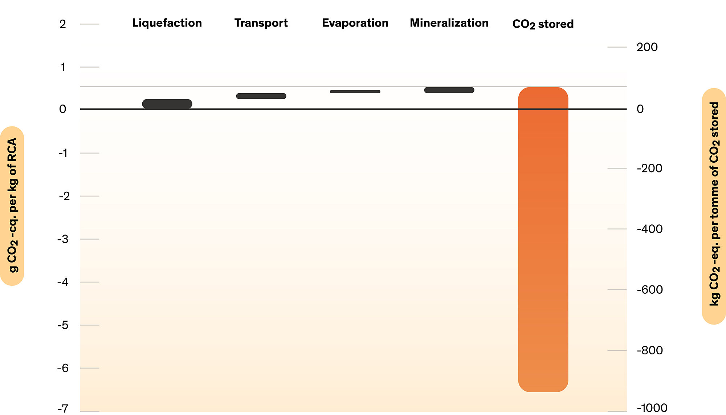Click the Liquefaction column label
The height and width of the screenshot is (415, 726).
pos(167,23)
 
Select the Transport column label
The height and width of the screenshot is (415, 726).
pos(261,23)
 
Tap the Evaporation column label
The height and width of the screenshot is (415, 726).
pos(355,23)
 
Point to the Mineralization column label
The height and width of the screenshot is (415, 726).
pos(449,23)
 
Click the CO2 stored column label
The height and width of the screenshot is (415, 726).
pos(543,24)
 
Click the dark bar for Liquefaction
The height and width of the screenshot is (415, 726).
pos(167,104)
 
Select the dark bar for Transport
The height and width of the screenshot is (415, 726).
pos(261,96)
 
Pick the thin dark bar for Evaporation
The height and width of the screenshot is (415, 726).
pos(355,91)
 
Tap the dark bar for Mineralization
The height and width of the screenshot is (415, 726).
pos(449,90)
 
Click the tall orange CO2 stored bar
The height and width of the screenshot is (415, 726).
pos(543,240)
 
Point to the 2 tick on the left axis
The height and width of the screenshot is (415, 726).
pos(63,24)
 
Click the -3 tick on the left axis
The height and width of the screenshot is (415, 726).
pos(64,239)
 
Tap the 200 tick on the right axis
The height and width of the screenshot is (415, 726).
pos(647,47)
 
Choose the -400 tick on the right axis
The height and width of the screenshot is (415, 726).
pos(649,229)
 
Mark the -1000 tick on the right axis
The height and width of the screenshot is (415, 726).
pos(652,408)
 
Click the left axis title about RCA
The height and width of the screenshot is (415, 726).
pos(12,206)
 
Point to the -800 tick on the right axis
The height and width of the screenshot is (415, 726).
pos(649,350)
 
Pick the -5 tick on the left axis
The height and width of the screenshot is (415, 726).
pos(63,325)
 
